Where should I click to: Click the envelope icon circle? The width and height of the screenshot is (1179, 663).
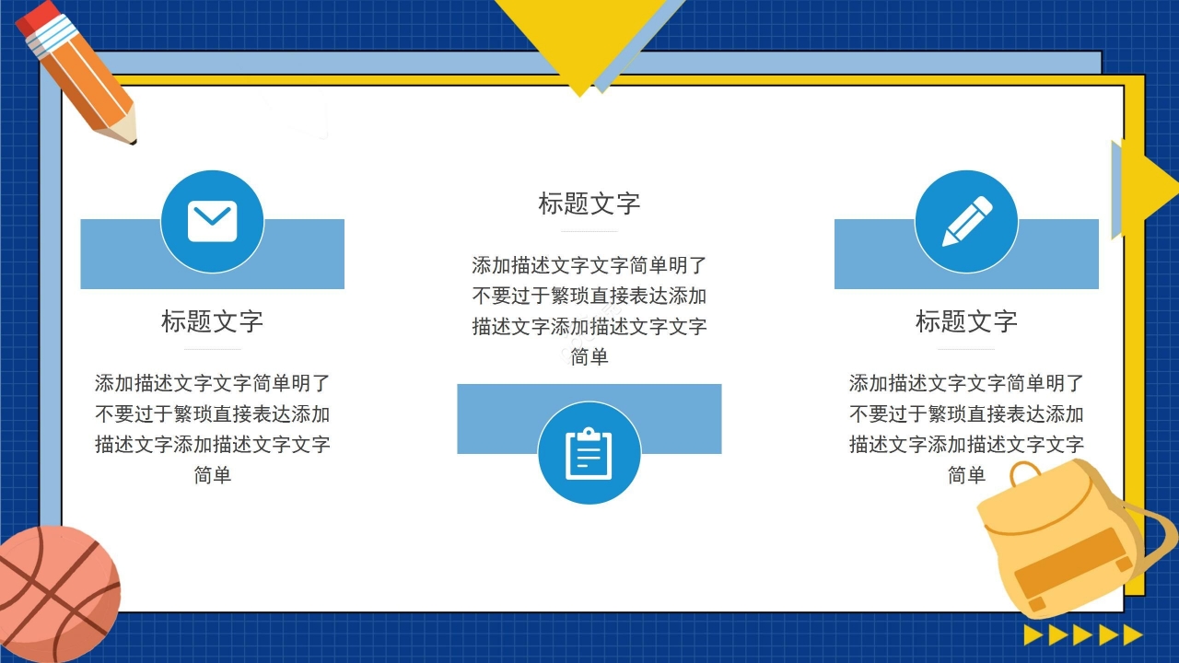point(212,221)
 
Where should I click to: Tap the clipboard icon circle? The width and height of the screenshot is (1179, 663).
point(589,453)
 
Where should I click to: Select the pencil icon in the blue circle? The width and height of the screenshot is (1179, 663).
point(966,221)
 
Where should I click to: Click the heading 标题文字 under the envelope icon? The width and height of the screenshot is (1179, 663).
point(212,321)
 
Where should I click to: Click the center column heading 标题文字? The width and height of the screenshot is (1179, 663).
point(589,204)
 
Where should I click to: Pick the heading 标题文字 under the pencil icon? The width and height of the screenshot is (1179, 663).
point(966,321)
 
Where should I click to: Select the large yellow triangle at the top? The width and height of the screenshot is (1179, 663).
point(580,37)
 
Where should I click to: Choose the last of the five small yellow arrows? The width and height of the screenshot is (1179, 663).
point(1133,634)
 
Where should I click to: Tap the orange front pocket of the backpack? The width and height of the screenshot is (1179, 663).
point(1073,564)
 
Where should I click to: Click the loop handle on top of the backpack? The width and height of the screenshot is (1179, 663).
point(1024,473)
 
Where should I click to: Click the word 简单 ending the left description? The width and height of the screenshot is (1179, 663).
point(212,475)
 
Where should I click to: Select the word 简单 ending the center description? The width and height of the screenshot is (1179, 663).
point(589,357)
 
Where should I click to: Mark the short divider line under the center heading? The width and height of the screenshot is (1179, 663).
point(589,231)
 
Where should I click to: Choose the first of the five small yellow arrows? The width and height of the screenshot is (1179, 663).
point(1033,634)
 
